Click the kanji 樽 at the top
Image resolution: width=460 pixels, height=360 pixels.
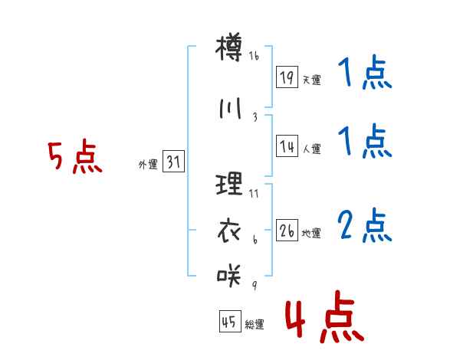tap(228, 47)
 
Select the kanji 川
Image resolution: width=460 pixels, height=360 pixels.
tap(230, 108)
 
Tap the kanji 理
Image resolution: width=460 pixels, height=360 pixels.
tap(228, 184)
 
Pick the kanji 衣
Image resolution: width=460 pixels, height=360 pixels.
tap(228, 231)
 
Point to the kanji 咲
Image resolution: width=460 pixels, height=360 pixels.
tap(228, 275)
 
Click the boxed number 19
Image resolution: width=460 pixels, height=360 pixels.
tap(287, 77)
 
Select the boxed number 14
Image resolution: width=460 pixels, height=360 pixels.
tap(287, 146)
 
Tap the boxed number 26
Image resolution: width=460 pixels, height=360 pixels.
tap(287, 230)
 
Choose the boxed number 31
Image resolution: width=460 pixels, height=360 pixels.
tap(173, 161)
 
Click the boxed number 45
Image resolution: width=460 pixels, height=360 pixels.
tap(230, 321)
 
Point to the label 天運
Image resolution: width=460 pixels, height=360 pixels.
tap(311, 80)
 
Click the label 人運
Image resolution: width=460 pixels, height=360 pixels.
tap(311, 149)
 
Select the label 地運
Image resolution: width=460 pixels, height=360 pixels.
tap(311, 233)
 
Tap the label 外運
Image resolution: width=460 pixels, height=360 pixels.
tap(148, 165)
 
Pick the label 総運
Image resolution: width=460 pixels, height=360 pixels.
tap(255, 324)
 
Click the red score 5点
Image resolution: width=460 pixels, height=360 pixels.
tap(75, 156)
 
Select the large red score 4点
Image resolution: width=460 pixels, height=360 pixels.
tap(325, 316)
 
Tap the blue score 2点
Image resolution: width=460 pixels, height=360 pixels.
tap(365, 225)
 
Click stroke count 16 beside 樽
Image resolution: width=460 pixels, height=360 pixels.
tap(254, 55)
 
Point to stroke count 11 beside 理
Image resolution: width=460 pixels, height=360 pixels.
tap(254, 194)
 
